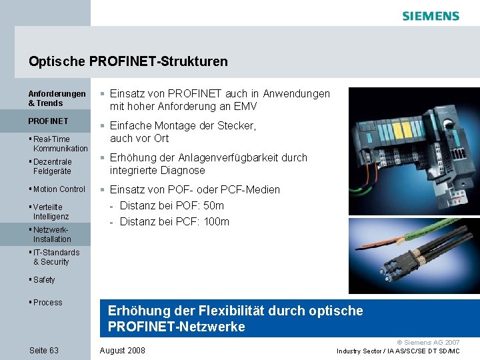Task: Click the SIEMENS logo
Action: point(431,16)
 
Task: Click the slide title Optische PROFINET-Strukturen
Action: point(128,62)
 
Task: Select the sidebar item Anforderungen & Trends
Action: point(57,99)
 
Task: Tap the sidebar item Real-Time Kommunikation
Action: point(59,144)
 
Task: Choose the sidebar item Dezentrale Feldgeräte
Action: point(53,167)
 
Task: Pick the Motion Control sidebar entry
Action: point(59,189)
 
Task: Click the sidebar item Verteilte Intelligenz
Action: point(51,212)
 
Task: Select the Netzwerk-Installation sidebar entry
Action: point(51,235)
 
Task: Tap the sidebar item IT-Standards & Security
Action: point(56,257)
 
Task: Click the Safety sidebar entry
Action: point(44,280)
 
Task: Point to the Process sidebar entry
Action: point(47,303)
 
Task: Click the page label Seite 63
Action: point(44,351)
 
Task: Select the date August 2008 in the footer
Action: point(122,351)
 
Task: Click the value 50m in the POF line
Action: point(213,206)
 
